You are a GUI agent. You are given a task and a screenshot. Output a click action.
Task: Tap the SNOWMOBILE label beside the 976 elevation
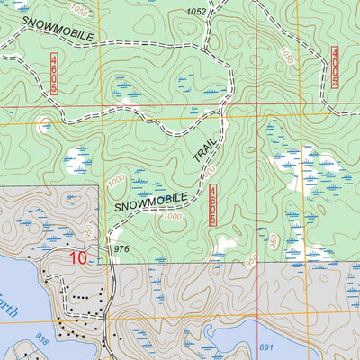[x=151, y=203]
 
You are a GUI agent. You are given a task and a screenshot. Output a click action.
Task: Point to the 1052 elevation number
[x=196, y=12]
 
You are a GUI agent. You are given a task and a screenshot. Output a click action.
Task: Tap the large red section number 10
[x=77, y=258]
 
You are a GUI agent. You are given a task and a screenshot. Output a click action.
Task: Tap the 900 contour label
[x=250, y=257]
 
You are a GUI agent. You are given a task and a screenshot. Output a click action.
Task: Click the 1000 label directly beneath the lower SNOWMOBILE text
[x=173, y=216]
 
